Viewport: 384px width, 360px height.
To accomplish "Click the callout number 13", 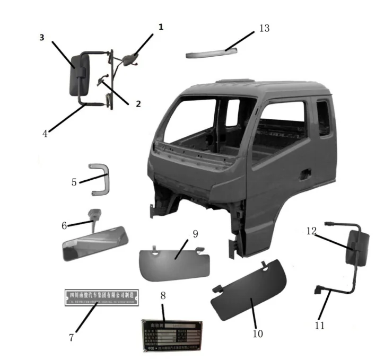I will pos(264,28).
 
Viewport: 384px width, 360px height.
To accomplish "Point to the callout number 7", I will pos(71,337).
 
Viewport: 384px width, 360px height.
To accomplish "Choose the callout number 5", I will pos(74,182).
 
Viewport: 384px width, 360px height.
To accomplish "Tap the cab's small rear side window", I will pos(322,118).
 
